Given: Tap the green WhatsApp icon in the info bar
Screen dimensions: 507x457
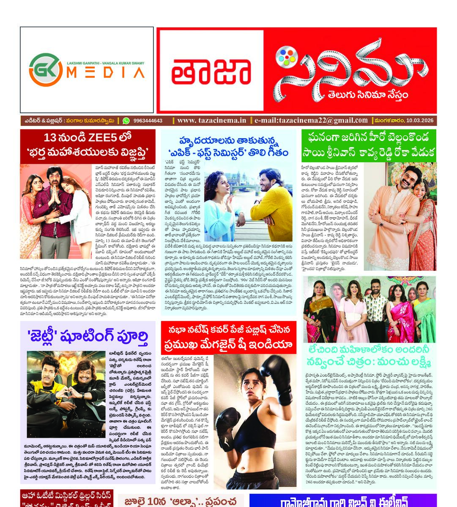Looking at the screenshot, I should coord(126,121).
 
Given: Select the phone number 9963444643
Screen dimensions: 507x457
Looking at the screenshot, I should coord(148,121).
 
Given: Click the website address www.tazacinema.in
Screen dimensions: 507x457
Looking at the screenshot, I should coord(211,121).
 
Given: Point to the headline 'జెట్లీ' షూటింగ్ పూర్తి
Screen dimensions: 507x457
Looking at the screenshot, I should coord(88,338).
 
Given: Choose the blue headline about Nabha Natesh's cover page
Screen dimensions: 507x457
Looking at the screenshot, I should coord(229,338).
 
